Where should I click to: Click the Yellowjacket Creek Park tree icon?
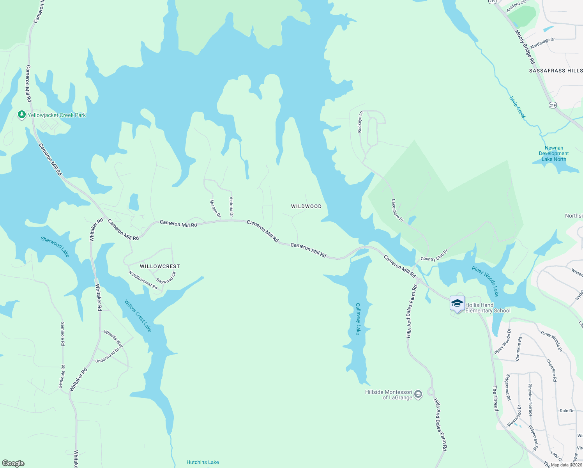(22, 115)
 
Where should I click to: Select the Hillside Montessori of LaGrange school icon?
(418, 394)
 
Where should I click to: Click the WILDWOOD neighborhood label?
(306, 206)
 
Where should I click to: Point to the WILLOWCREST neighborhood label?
(160, 266)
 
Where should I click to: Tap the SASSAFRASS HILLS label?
(556, 71)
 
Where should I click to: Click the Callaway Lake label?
(358, 319)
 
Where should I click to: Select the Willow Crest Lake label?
(138, 316)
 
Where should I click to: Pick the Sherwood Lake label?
(55, 246)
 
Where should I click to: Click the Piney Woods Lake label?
(485, 281)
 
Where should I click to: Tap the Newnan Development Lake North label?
(554, 154)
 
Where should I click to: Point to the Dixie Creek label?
(517, 107)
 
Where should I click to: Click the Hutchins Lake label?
(203, 462)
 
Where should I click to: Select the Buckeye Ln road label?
(360, 122)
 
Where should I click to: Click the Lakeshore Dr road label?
(397, 211)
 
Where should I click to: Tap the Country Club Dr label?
(434, 256)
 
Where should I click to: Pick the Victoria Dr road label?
(231, 207)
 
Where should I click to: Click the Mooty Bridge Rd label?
(525, 47)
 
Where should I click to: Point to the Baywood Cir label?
(166, 278)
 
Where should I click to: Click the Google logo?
(13, 463)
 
